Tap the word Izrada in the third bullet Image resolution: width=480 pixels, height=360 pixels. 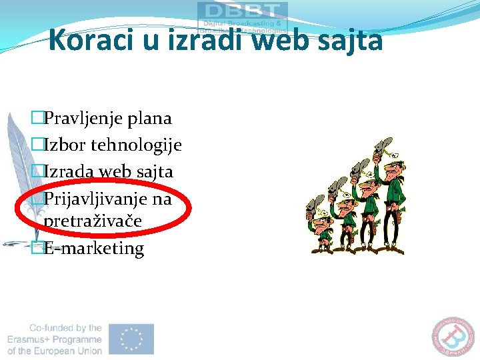click(x=69, y=171)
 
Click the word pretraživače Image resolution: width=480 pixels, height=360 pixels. click(x=92, y=221)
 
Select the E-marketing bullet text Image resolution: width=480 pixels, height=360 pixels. click(x=93, y=248)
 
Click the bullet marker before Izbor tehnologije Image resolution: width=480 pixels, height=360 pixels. click(x=37, y=145)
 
